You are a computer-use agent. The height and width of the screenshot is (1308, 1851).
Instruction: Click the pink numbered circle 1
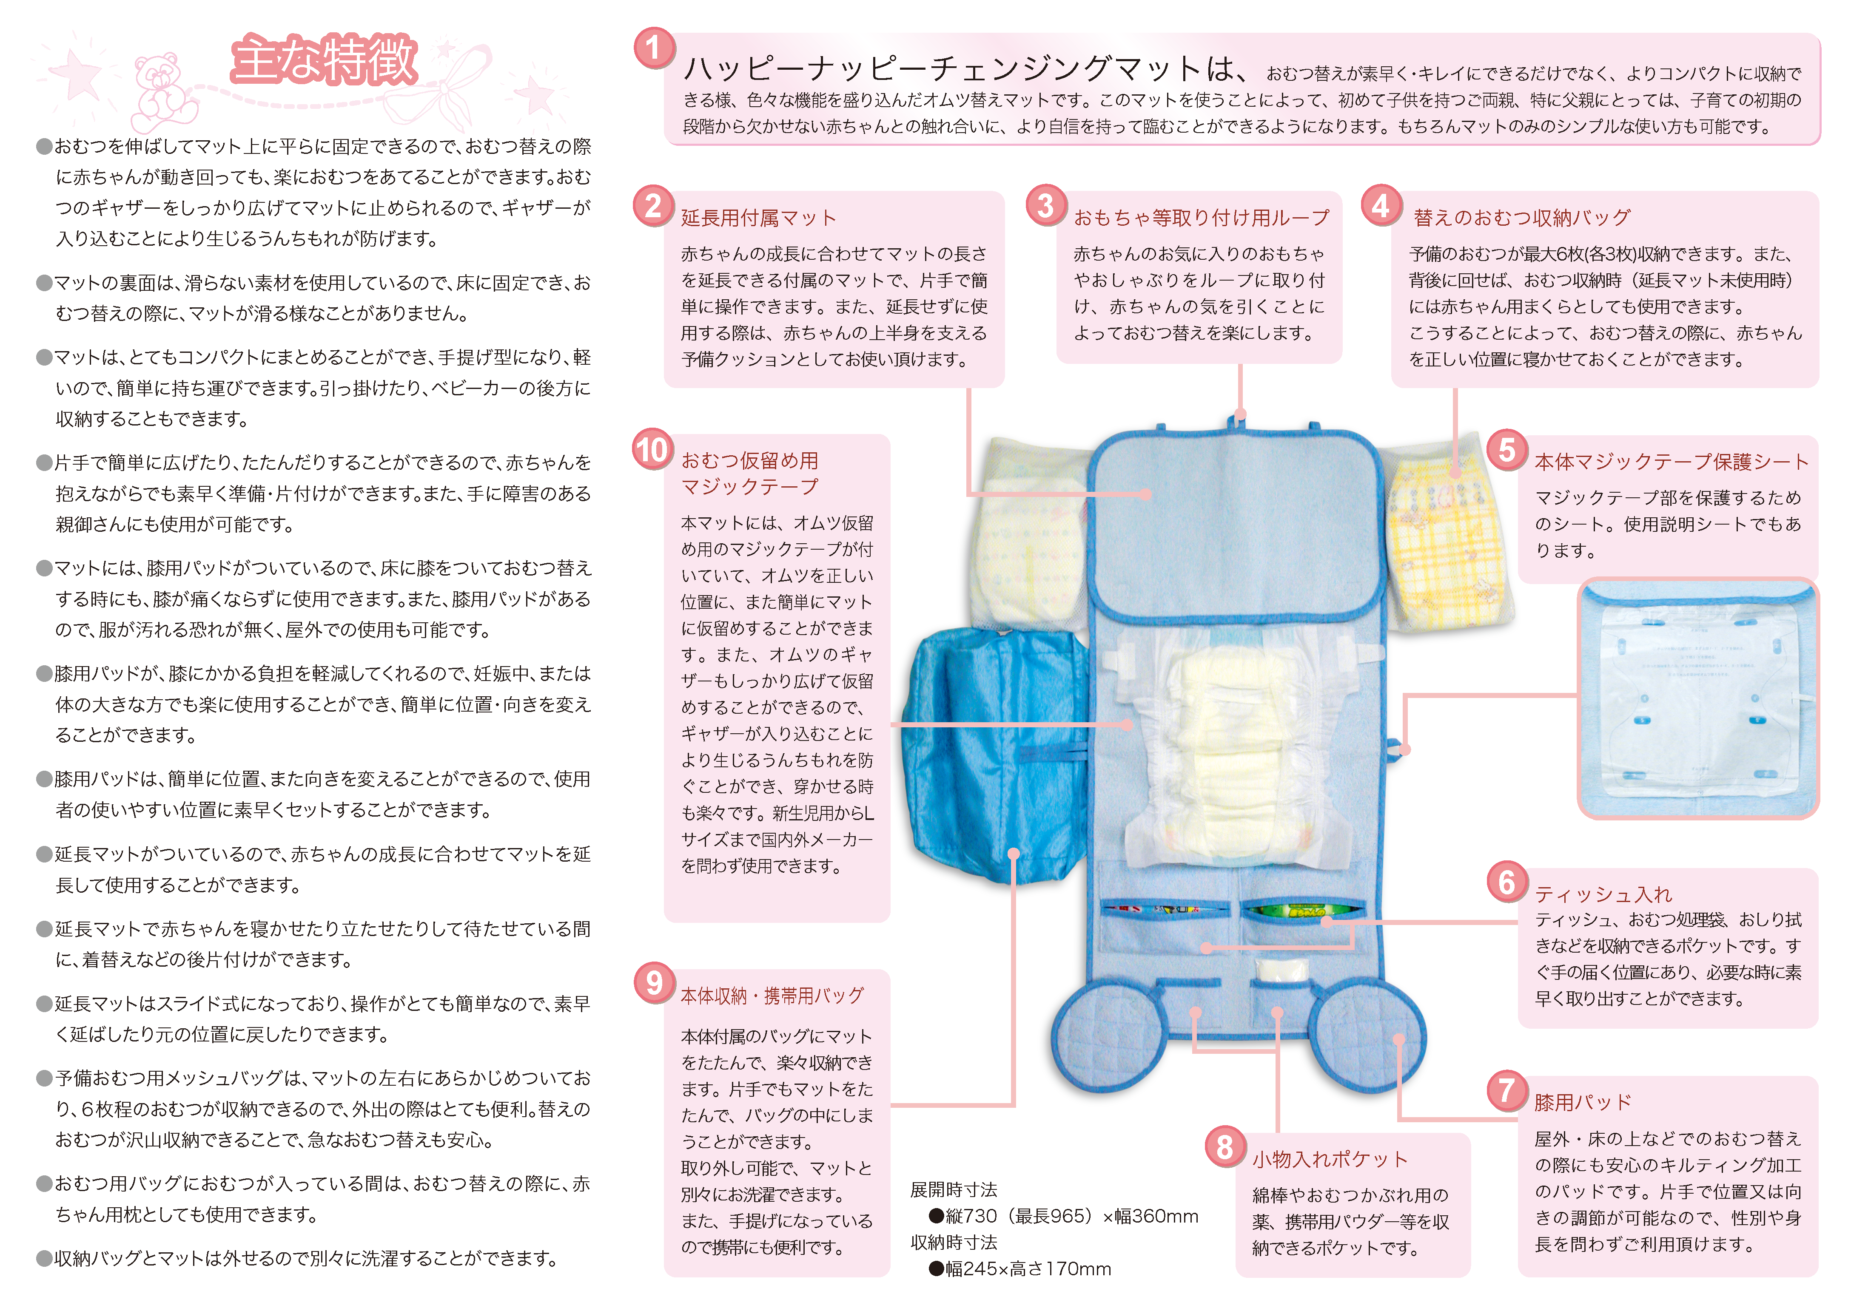[654, 48]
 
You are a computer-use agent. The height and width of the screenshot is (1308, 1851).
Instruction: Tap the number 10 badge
[653, 449]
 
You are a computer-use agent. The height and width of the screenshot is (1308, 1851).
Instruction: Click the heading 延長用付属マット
[759, 218]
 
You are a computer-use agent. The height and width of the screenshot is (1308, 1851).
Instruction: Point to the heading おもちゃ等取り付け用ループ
[1201, 218]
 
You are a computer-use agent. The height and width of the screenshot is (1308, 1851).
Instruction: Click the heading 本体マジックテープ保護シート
[1671, 462]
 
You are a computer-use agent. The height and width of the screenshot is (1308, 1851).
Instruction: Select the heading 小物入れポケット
[1330, 1159]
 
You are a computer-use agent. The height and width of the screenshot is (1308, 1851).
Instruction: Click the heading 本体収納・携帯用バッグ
[772, 996]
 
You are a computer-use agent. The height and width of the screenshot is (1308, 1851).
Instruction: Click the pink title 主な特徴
[324, 60]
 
